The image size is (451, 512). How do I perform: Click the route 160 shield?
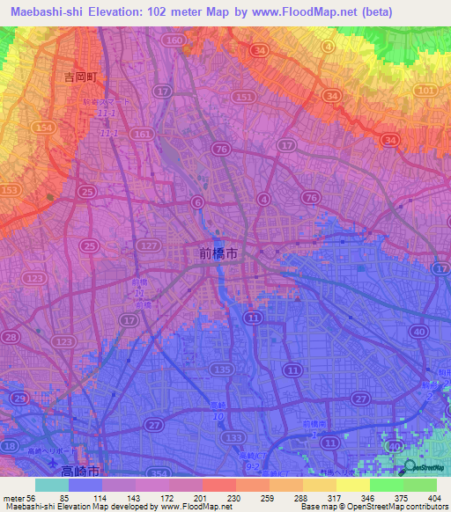click(x=174, y=41)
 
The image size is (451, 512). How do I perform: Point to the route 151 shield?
click(x=245, y=97)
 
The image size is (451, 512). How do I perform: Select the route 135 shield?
click(x=223, y=369)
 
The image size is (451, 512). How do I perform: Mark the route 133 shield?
click(x=233, y=437)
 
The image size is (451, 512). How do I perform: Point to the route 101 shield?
click(x=425, y=90)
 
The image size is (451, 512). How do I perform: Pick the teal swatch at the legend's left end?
click(x=51, y=485)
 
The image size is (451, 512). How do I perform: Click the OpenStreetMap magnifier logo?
click(x=410, y=466)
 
